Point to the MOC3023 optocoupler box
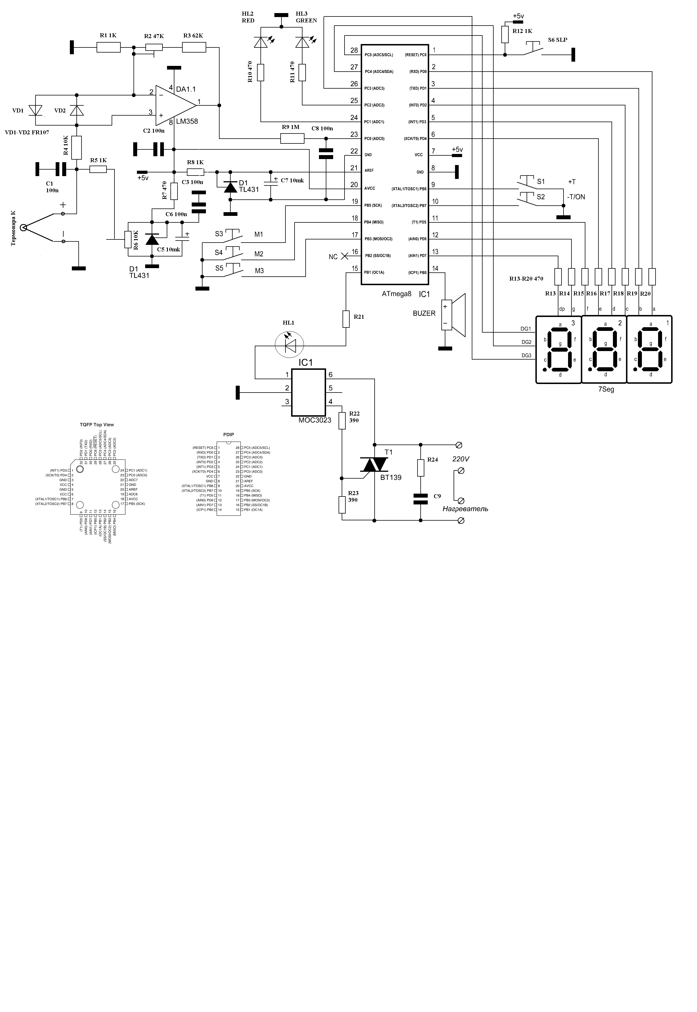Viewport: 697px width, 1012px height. pyautogui.click(x=308, y=392)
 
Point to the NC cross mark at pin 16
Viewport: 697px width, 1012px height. pyautogui.click(x=344, y=256)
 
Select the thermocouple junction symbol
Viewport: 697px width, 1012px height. pyautogui.click(x=24, y=227)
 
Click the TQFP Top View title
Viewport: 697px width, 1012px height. pyautogui.click(x=97, y=425)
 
